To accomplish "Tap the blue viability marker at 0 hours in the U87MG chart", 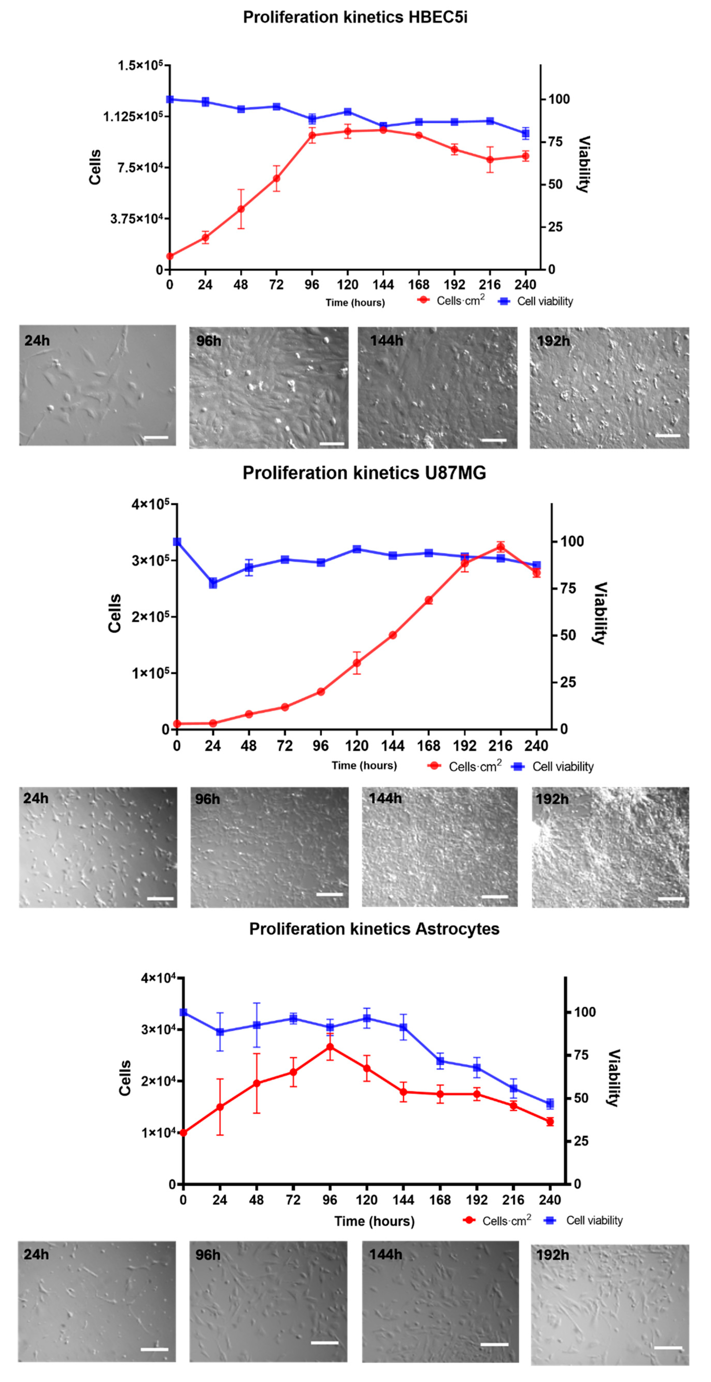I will point(177,542).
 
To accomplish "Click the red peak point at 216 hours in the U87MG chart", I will point(501,547).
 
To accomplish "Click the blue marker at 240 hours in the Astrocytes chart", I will point(549,1104).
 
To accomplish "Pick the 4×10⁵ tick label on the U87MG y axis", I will point(150,504).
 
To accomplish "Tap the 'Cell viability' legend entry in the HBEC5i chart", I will point(544,301).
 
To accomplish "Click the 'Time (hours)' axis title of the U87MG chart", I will point(364,766).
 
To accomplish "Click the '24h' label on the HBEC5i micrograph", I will point(37,341).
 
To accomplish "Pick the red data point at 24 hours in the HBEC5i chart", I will point(205,237).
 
